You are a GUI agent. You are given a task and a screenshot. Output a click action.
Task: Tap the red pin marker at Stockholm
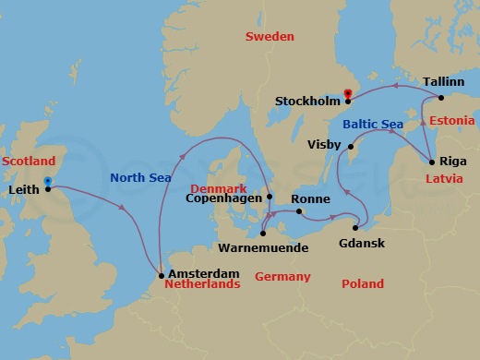pyautogui.click(x=348, y=92)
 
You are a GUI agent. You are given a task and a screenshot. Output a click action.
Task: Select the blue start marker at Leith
pyautogui.click(x=47, y=181)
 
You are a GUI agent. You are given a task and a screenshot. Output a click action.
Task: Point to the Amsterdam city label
pyautogui.click(x=204, y=273)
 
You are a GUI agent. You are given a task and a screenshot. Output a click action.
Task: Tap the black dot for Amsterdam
pyautogui.click(x=162, y=274)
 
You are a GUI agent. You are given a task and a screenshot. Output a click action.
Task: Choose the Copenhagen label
pyautogui.click(x=223, y=198)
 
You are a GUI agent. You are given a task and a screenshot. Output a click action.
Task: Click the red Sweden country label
pyautogui.click(x=270, y=37)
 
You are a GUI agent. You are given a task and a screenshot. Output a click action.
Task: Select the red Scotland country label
pyautogui.click(x=24, y=161)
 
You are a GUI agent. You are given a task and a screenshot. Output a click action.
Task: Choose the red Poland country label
pyautogui.click(x=363, y=284)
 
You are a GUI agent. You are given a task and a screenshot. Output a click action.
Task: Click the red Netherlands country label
pyautogui.click(x=201, y=284)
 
